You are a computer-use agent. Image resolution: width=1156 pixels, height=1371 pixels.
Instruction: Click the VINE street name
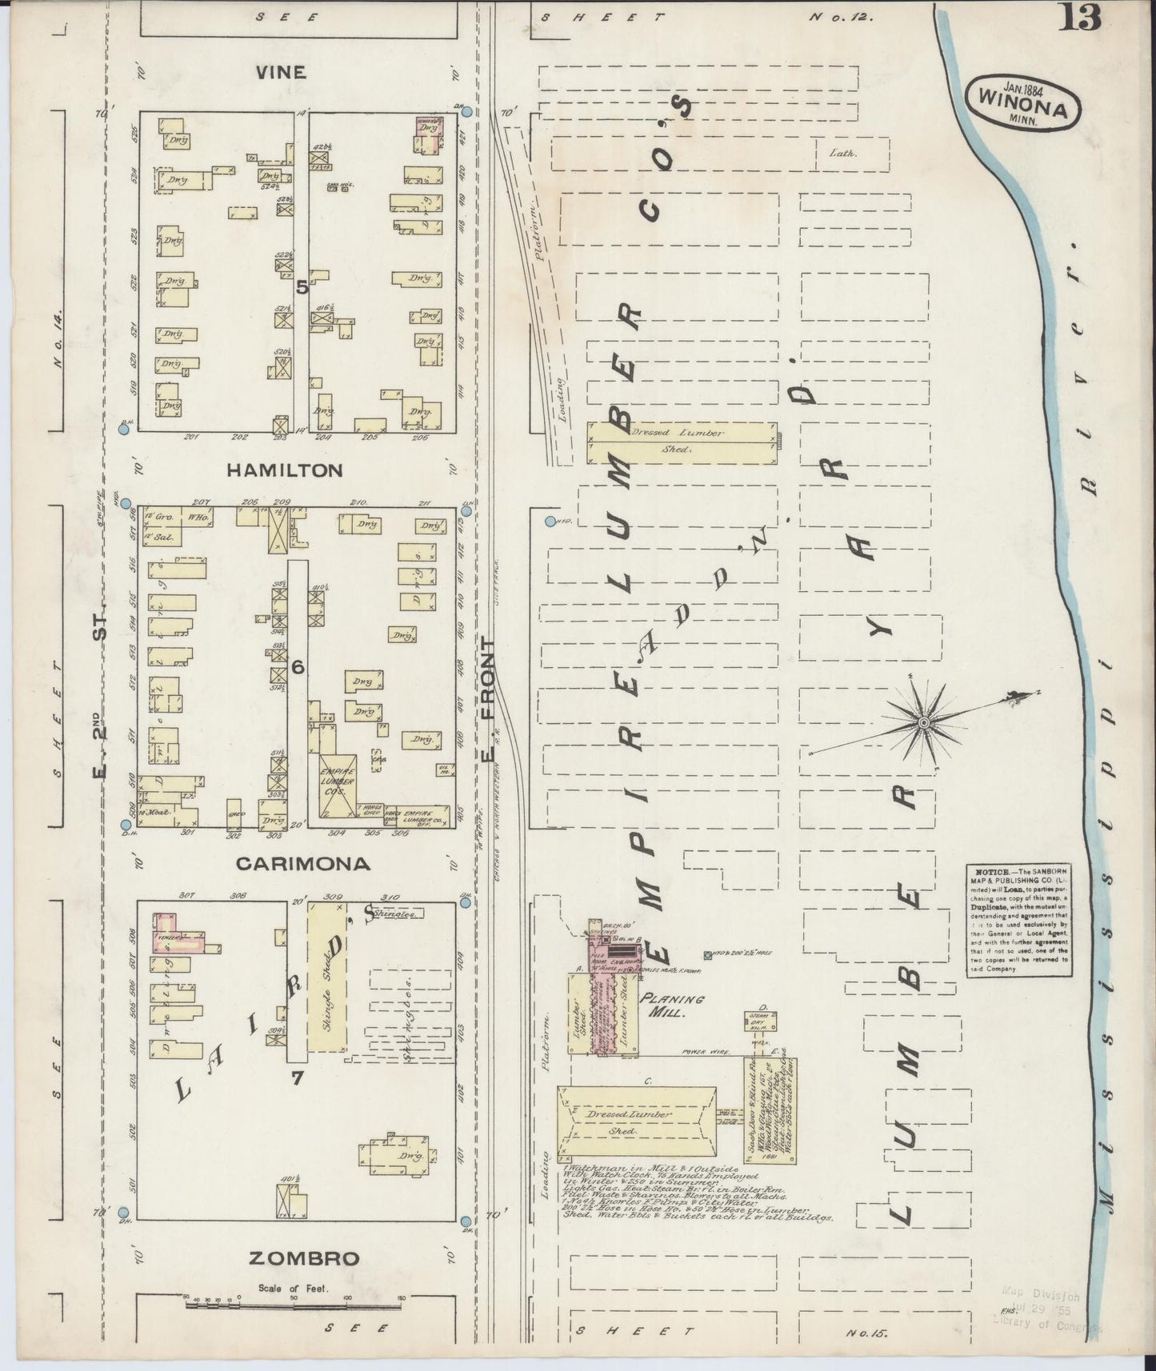pos(281,72)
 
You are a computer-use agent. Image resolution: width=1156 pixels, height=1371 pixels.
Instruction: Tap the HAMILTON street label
pos(284,470)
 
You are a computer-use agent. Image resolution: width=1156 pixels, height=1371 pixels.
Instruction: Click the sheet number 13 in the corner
pos(1080,18)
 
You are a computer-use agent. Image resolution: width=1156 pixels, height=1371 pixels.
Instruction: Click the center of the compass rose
pos(923,722)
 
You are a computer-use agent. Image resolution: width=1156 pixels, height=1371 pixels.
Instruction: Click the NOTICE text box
pos(1018,920)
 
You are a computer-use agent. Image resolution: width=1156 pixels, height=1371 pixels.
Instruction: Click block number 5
pos(302,288)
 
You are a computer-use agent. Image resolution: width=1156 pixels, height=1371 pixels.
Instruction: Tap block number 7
pos(297,1077)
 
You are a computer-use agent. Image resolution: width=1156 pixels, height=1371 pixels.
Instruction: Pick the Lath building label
pos(842,153)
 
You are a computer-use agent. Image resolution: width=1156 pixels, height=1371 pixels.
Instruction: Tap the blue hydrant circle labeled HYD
pos(550,522)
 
